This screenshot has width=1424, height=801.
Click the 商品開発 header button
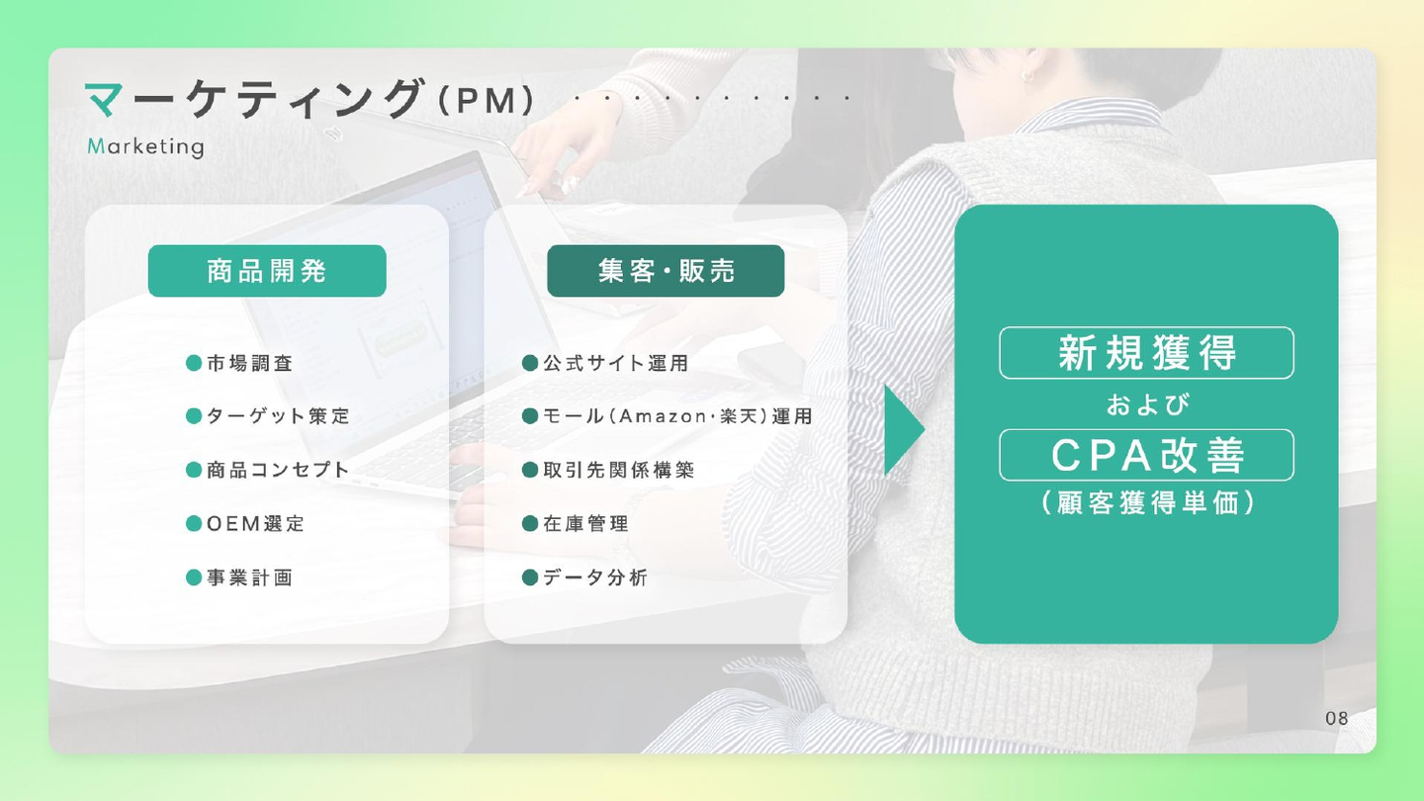(x=267, y=271)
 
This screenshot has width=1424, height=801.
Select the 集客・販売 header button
(x=666, y=271)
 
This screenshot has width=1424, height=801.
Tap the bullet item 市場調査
(x=239, y=363)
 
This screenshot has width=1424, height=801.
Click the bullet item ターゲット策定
(x=268, y=416)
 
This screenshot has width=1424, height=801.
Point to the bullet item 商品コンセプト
(x=268, y=470)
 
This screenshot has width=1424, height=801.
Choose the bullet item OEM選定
(x=245, y=524)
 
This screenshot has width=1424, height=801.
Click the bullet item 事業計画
(x=239, y=578)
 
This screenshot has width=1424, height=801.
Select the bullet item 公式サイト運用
(x=605, y=363)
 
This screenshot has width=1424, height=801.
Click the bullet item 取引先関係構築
(x=608, y=470)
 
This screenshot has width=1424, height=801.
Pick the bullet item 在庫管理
(x=575, y=524)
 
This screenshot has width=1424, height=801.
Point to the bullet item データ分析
(x=584, y=578)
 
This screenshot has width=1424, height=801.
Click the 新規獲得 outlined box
(x=1146, y=353)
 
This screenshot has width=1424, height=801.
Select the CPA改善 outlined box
(x=1146, y=455)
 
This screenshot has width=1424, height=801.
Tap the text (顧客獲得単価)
(x=1147, y=502)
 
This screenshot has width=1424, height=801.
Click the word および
(x=1147, y=404)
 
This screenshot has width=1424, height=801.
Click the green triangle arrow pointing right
(x=902, y=430)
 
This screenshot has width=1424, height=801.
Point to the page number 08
(x=1337, y=718)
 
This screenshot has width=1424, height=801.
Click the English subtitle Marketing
(x=145, y=146)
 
